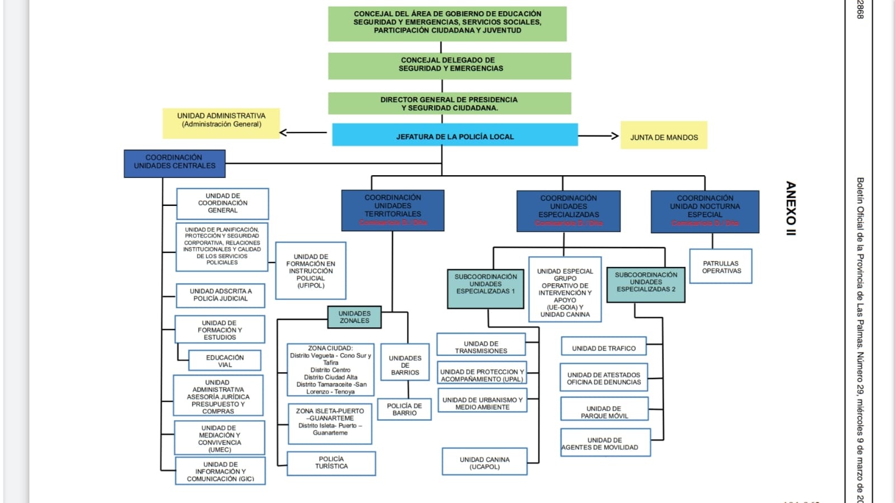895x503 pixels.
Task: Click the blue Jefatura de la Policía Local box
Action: coord(454,135)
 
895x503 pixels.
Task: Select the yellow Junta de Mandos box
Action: coord(663,136)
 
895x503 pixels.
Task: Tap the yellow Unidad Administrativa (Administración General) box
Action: coord(221,123)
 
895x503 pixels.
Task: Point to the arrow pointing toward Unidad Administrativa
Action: coord(302,133)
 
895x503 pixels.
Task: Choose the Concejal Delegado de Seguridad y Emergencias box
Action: coord(449,65)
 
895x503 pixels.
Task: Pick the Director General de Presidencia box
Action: coord(449,104)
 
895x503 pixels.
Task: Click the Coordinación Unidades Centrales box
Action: coord(175,163)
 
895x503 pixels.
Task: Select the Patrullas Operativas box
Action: coord(721,267)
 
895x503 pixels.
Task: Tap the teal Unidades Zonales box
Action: coord(354,317)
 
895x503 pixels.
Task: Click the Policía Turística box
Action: coord(331,463)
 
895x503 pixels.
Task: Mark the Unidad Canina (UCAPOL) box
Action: coord(485,462)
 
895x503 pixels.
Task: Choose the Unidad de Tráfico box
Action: coord(603,347)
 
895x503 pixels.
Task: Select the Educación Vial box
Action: coord(225,361)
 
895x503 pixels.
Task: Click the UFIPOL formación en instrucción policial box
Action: coord(311,271)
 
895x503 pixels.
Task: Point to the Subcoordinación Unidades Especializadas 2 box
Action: coord(646,284)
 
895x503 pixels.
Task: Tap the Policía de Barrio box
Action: coord(404,410)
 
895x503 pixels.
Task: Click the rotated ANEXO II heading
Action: coord(790,208)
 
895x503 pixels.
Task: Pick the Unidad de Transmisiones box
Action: coord(481,346)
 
